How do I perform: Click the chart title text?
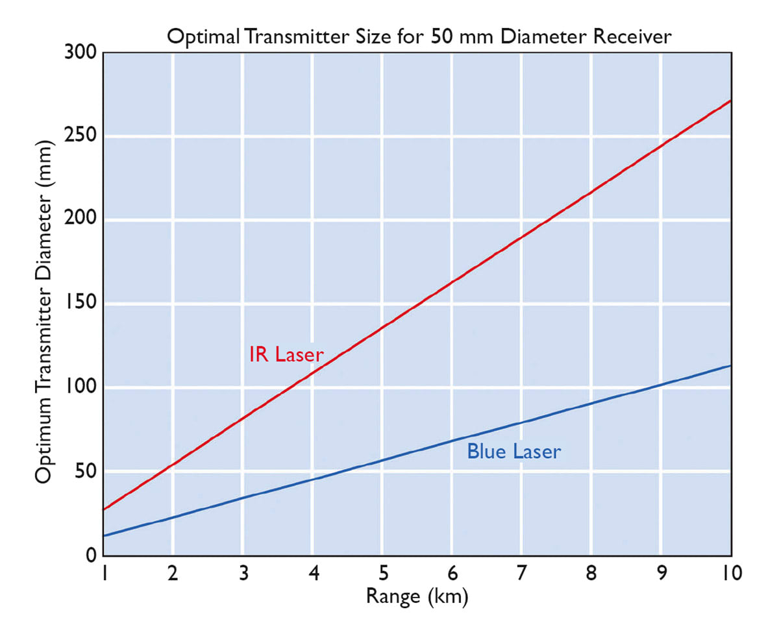coord(419,37)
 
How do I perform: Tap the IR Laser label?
coord(286,354)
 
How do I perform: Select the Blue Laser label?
coord(513,452)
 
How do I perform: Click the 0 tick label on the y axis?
coord(92,555)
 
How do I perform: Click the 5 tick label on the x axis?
coord(383,574)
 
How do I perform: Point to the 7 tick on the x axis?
coord(522,574)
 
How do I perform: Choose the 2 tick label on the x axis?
coord(173,574)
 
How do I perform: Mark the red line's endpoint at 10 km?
coord(731,101)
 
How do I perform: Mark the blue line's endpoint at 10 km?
coord(731,366)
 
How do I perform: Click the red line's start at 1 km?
coord(105,509)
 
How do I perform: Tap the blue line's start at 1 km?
coord(105,536)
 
